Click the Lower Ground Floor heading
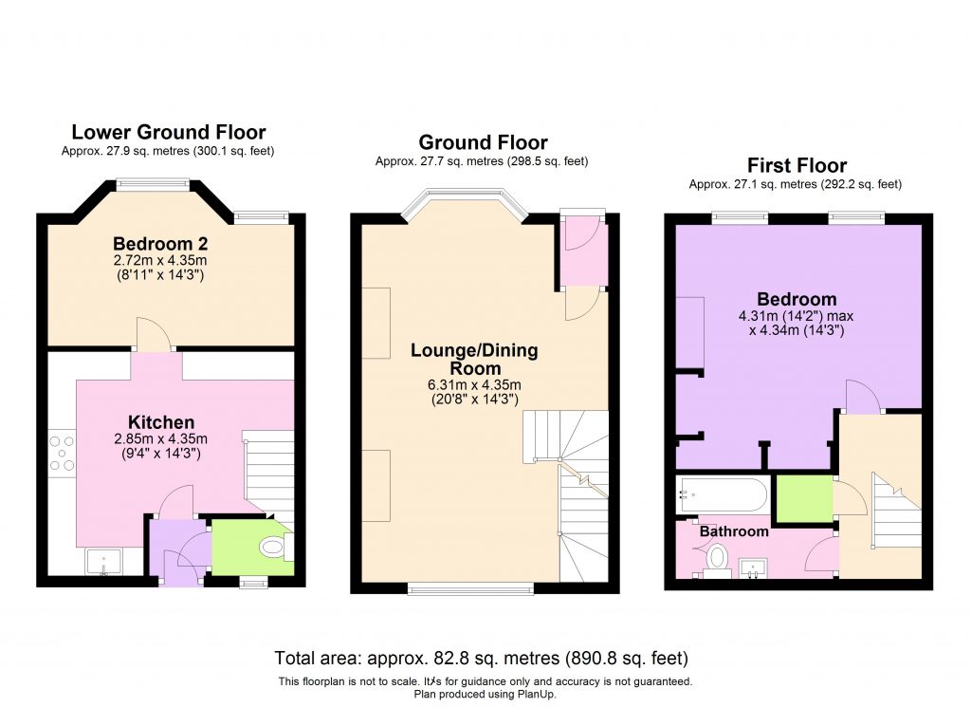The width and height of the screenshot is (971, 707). point(169,132)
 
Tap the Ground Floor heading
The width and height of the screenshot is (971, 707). point(483,142)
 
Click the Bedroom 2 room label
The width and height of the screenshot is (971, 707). point(159,241)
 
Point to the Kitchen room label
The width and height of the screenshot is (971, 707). point(161,422)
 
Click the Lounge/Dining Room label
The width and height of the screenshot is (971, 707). point(473,360)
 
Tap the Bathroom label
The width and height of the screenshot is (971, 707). point(733,531)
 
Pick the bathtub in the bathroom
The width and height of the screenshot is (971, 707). point(722,493)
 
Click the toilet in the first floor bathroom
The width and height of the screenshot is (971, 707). point(717,558)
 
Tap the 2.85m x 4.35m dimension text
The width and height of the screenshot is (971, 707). point(161,438)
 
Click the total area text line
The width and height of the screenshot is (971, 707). point(481,658)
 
